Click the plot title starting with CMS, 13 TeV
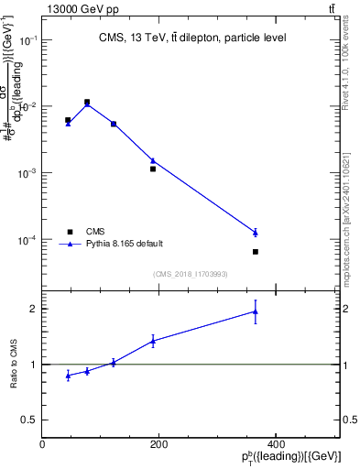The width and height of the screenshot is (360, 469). point(191,38)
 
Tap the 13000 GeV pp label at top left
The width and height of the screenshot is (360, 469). point(83,8)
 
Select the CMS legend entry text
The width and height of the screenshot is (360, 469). point(95,232)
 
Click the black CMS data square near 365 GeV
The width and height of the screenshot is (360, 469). point(256,252)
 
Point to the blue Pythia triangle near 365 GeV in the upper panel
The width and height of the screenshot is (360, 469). point(256,233)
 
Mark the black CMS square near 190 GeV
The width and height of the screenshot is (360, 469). point(153,169)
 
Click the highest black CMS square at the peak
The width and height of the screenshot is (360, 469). point(87,102)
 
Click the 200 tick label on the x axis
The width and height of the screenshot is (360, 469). point(158,445)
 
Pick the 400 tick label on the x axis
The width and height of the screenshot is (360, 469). point(276,445)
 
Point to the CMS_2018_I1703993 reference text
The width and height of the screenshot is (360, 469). point(191,274)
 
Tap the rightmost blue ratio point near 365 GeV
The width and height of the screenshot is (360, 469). point(256,311)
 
